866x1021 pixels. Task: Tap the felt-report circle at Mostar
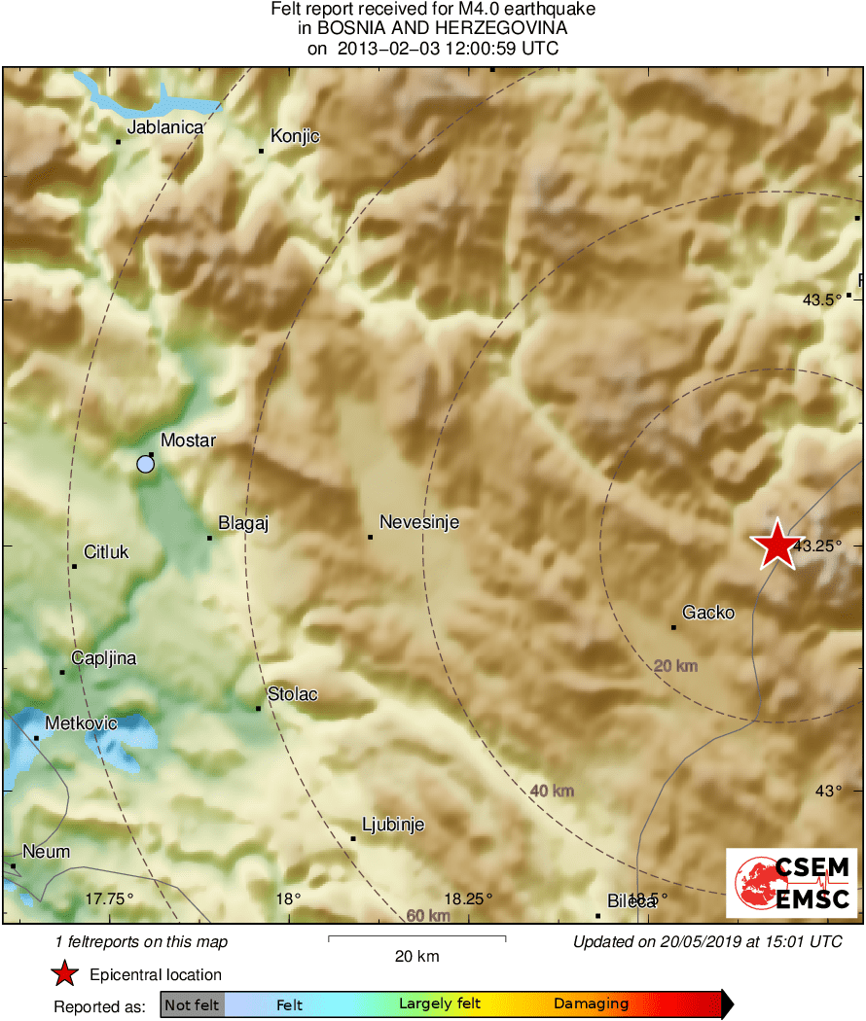[x=145, y=464]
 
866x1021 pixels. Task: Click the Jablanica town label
[x=165, y=127]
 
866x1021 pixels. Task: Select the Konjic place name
[x=295, y=136]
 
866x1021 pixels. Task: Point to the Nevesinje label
[x=418, y=523]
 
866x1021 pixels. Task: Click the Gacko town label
[x=708, y=613]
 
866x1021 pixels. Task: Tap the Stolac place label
[x=293, y=694]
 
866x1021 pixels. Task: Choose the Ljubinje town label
[x=393, y=825]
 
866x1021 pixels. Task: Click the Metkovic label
[x=82, y=723]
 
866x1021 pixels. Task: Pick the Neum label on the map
[x=46, y=852]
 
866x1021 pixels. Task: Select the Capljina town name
[x=104, y=658]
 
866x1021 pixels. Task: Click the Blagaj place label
[x=243, y=523]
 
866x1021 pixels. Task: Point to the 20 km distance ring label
[x=676, y=666]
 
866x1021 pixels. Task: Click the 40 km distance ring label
[x=552, y=791]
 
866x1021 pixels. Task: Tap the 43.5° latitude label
[x=822, y=299]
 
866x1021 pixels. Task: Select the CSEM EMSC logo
[x=792, y=882]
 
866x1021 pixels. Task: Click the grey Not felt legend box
[x=192, y=1004]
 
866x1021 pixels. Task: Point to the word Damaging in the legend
[x=591, y=1004]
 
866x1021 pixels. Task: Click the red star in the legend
[x=64, y=974]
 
